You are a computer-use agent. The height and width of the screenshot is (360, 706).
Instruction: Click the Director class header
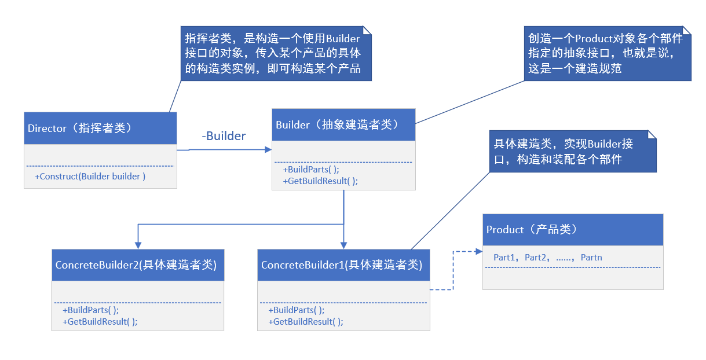click(x=100, y=128)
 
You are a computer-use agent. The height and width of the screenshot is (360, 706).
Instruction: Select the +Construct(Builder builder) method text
click(x=90, y=177)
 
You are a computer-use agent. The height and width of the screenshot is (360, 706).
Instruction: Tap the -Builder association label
click(x=224, y=136)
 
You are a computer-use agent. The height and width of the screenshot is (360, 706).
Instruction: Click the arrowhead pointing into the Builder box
click(x=268, y=149)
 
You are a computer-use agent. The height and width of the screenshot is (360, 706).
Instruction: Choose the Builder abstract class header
click(x=343, y=124)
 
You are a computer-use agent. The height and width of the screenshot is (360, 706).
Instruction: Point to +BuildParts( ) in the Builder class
click(x=311, y=170)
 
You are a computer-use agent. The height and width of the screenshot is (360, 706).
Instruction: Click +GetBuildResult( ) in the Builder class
click(x=320, y=181)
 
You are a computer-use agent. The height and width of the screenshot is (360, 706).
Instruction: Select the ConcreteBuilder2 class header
click(x=137, y=265)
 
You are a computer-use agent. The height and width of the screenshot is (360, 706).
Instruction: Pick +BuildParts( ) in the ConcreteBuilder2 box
click(x=90, y=310)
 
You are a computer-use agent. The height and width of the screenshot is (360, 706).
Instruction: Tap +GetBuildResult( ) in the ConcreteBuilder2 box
click(x=100, y=321)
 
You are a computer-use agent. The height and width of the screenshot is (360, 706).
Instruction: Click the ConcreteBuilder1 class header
click(x=343, y=265)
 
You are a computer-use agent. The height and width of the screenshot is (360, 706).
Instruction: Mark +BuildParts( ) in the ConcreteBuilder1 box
click(x=296, y=310)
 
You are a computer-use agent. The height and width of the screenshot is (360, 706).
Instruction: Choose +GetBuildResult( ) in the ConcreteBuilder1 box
click(x=305, y=321)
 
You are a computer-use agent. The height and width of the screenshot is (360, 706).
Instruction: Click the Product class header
click(x=573, y=230)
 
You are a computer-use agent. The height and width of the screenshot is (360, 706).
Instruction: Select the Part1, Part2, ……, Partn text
click(x=547, y=257)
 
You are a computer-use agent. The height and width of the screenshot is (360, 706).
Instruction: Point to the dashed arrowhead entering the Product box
click(x=478, y=252)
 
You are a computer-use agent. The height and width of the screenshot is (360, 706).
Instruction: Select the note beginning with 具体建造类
click(x=573, y=152)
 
